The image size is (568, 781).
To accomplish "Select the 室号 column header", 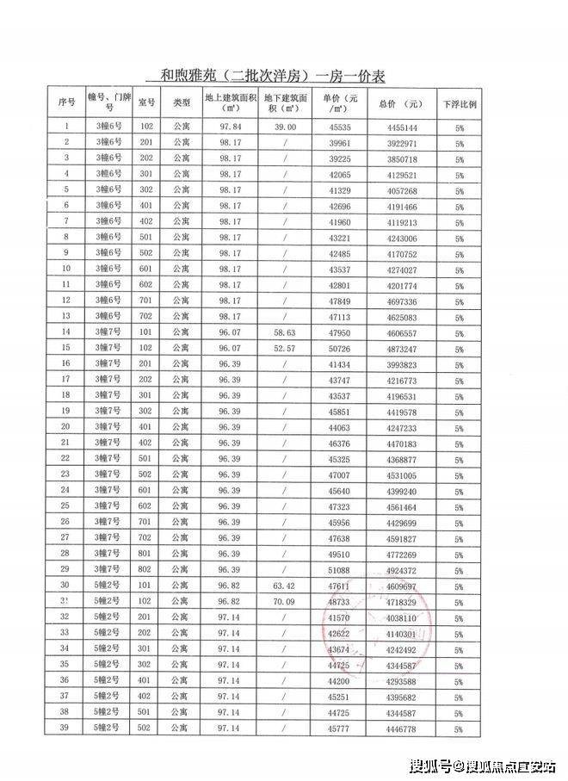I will (146, 103).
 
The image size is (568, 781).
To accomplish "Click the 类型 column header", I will (181, 103).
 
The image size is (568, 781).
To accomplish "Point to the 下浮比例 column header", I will (460, 103).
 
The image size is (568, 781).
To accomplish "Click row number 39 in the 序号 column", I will (65, 728).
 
